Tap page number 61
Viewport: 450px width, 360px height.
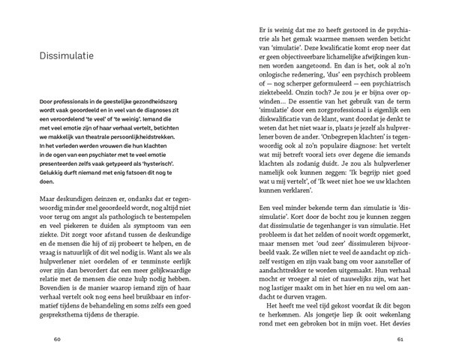(x=400, y=338)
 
